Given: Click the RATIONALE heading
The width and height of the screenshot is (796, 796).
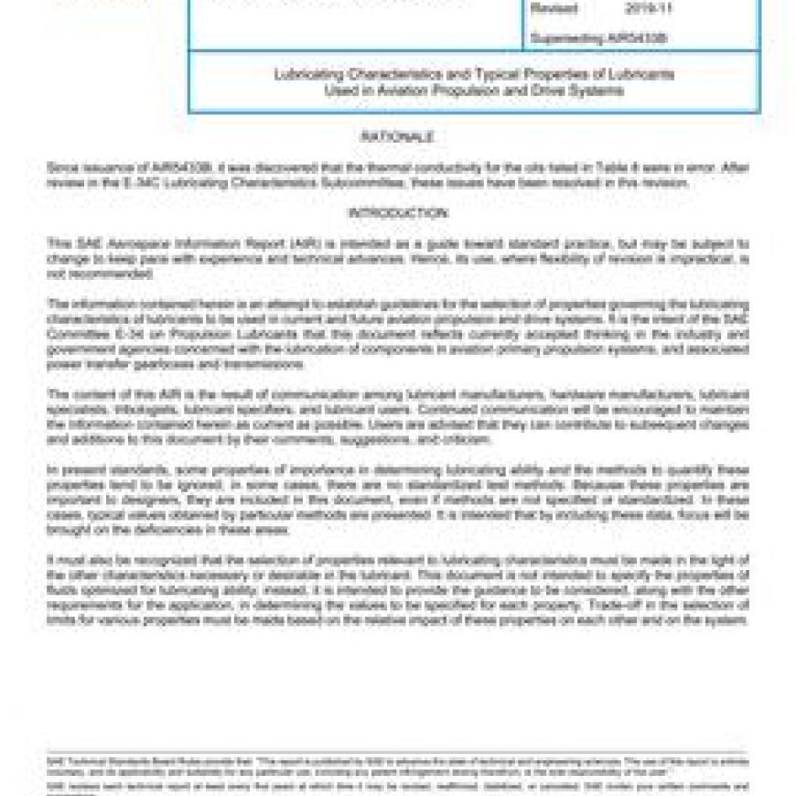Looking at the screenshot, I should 396,137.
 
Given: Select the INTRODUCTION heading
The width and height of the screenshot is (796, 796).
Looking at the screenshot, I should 396,213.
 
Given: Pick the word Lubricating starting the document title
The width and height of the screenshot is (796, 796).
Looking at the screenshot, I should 304,74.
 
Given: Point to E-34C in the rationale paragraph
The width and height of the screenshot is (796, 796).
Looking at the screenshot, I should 137,182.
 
